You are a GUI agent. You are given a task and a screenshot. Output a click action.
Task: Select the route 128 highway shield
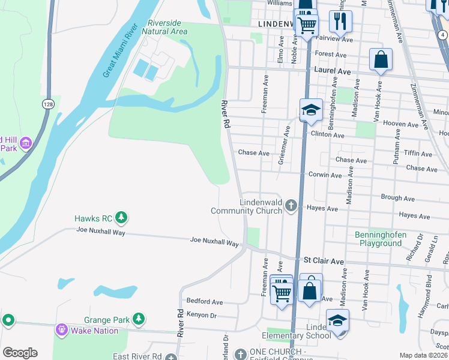(x=47, y=104)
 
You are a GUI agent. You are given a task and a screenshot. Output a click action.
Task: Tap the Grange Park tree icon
(x=139, y=318)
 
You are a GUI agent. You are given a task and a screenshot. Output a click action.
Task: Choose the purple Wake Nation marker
(x=61, y=329)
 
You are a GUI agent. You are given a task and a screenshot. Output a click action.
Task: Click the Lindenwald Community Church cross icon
(x=291, y=206)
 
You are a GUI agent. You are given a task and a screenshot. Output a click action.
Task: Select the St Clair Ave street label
(x=324, y=261)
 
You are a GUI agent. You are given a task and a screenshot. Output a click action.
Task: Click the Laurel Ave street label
(x=332, y=71)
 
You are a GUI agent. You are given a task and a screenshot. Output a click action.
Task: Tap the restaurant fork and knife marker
(x=340, y=22)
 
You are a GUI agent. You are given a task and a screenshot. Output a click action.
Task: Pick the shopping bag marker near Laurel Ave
(x=381, y=60)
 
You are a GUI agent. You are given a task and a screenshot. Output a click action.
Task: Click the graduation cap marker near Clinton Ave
(x=312, y=110)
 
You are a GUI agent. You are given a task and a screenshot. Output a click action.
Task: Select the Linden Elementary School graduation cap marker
(x=337, y=320)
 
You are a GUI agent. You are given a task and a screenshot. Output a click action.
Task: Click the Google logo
(x=20, y=353)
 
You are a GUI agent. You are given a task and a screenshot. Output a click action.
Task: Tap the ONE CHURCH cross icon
(x=240, y=354)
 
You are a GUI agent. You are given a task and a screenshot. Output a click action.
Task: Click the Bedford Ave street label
(x=205, y=301)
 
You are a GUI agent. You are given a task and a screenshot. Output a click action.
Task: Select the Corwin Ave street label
(x=325, y=175)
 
